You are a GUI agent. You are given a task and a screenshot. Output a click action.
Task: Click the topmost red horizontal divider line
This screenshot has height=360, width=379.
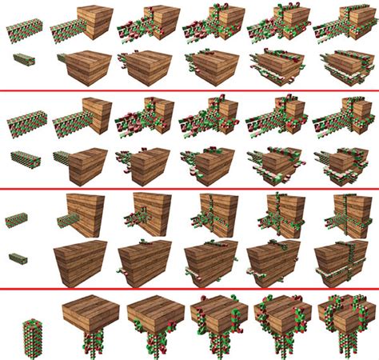(189, 91)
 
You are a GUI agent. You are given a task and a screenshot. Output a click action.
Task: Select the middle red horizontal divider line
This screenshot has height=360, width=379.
(189, 188)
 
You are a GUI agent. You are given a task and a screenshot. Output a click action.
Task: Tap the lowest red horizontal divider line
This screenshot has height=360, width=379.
(189, 288)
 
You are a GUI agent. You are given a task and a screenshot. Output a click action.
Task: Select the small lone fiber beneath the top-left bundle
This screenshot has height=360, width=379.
(24, 59)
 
